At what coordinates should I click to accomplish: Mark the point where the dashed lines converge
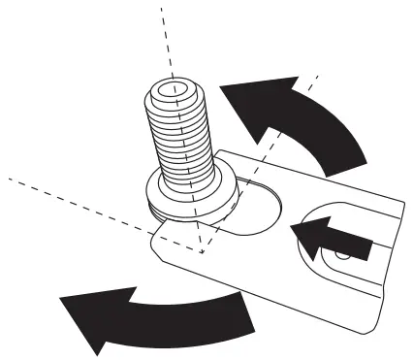[201, 251]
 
